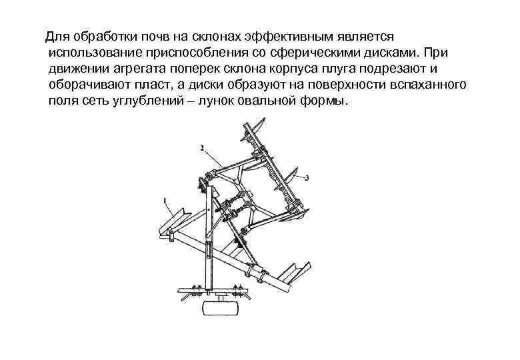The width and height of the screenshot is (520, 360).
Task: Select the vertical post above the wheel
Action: tap(207, 240)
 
